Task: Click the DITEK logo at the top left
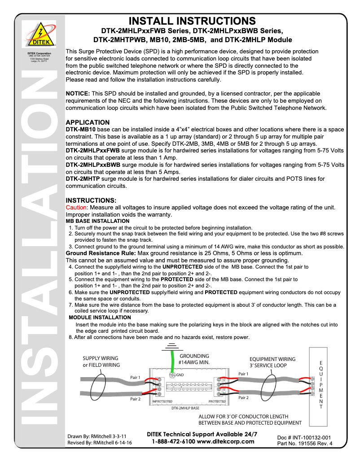point(40,35)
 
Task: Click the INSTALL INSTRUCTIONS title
point(192,21)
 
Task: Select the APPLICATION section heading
point(88,122)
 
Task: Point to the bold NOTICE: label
point(78,93)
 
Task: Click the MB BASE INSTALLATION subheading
point(97,221)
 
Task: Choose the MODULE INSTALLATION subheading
point(100,317)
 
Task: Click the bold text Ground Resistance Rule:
point(101,253)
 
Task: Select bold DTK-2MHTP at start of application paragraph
point(83,179)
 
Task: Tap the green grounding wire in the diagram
point(171,361)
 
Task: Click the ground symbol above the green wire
point(171,346)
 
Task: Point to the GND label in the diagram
point(180,374)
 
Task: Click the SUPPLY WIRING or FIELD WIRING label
point(101,361)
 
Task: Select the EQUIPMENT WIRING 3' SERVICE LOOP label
point(272,362)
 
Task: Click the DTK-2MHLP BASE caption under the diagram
point(185,409)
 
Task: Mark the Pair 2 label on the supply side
point(135,399)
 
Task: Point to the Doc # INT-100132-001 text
point(304,437)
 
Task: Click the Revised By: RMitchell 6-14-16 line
point(99,443)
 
